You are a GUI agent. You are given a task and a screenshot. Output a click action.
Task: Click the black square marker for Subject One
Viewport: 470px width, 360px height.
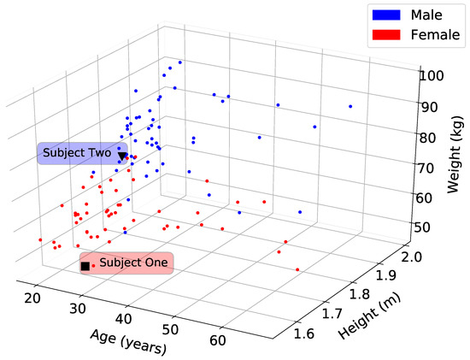coord(85,267)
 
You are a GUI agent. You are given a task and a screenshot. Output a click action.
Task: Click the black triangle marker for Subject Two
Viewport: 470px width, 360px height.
coord(123,156)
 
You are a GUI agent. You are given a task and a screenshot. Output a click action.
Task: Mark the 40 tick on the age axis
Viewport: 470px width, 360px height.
coord(121,320)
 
